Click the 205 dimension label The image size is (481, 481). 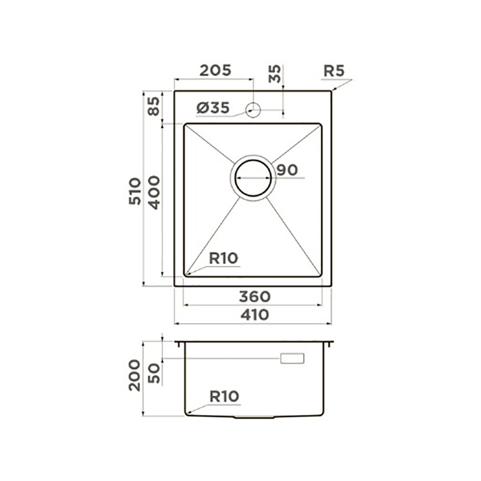tap(215, 70)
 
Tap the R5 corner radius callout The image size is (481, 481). tap(334, 71)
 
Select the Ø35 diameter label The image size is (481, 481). tap(213, 108)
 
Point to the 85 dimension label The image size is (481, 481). tap(154, 106)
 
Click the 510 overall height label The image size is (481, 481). tap(135, 191)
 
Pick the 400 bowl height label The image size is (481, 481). tap(154, 192)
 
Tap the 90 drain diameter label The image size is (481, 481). tap(287, 170)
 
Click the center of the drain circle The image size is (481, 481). tap(253, 178)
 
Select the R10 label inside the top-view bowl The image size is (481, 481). tap(223, 259)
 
